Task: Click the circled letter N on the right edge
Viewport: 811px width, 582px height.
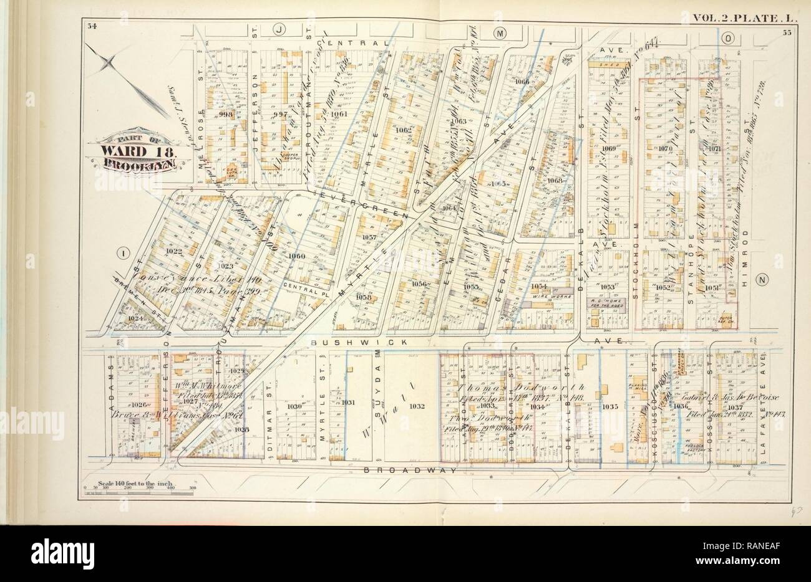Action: [762, 280]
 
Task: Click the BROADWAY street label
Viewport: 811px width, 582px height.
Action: [412, 470]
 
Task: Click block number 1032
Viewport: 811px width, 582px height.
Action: [417, 406]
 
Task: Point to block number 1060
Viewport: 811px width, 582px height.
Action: [297, 255]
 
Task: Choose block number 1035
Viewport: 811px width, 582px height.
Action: [609, 406]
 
